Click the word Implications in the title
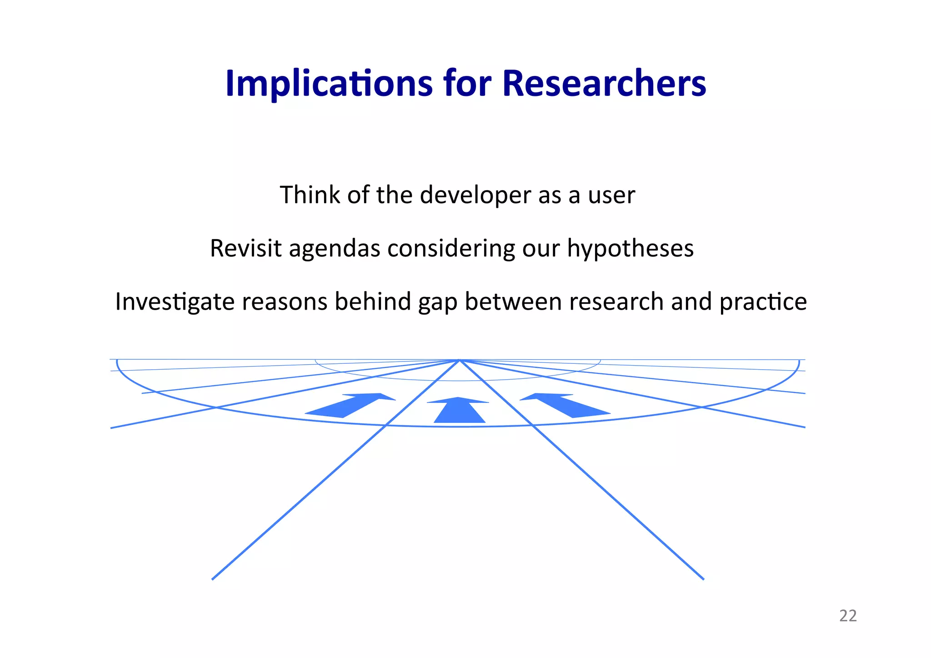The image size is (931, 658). pyautogui.click(x=328, y=84)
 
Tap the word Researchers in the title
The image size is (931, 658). pyautogui.click(x=604, y=84)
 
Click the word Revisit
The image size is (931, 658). pyautogui.click(x=245, y=249)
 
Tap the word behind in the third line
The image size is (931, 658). pyautogui.click(x=373, y=301)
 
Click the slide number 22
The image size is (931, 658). pyautogui.click(x=847, y=616)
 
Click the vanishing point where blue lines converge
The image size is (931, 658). pyautogui.click(x=459, y=360)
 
